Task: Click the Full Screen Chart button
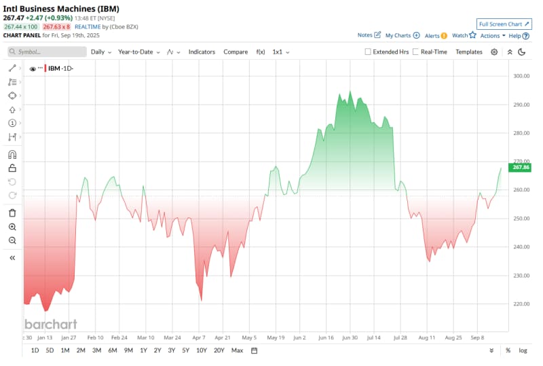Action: [503, 24]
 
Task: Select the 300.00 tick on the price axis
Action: [521, 76]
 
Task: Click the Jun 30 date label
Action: [350, 337]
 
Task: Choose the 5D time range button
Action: [50, 350]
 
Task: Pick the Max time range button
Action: [237, 350]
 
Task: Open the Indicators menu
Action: [202, 52]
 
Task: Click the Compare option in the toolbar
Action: [236, 52]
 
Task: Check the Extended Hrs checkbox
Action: [368, 52]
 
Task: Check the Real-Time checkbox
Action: [415, 52]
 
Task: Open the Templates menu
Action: [469, 52]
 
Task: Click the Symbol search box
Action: [48, 52]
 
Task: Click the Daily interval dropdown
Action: [100, 52]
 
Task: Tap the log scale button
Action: [523, 350]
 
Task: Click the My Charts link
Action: [402, 35]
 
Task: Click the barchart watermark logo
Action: [51, 324]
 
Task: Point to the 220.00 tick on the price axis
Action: [521, 304]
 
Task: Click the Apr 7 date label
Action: [199, 337]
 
